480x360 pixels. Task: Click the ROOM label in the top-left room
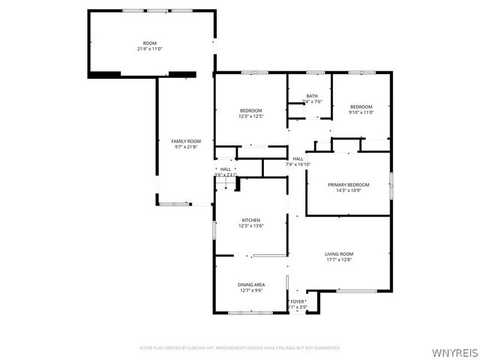point(151,43)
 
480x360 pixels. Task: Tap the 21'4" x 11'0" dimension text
point(151,49)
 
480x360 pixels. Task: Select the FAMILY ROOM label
point(186,141)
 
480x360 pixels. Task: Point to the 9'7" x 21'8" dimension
point(186,147)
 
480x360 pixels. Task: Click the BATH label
point(312,96)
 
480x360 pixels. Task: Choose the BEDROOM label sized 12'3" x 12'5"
point(250,110)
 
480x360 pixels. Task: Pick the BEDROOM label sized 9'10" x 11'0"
point(361,106)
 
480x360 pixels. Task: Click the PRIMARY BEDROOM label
point(348,184)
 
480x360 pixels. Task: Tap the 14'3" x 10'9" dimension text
point(348,190)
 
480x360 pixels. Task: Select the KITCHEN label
point(250,220)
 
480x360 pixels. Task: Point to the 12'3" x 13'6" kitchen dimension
point(250,226)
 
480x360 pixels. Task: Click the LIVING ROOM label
point(339,254)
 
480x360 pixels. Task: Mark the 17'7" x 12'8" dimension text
point(339,260)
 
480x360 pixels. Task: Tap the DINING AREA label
point(250,284)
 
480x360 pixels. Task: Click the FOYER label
point(298,301)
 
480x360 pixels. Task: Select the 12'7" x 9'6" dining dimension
point(250,290)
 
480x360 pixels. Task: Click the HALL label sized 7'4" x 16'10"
point(298,158)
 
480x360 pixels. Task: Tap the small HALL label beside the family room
point(225,169)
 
